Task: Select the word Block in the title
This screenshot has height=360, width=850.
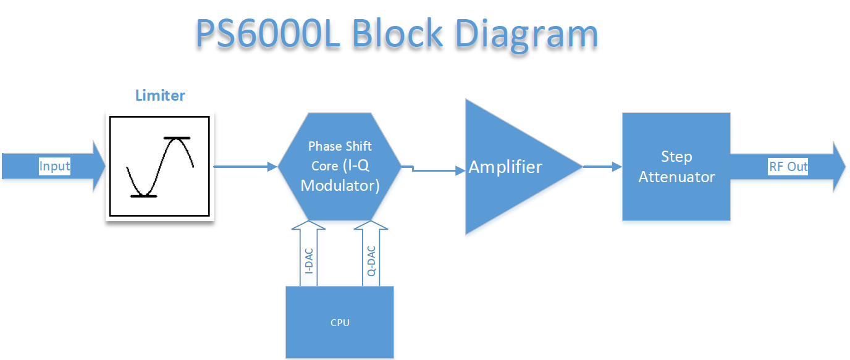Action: pos(397,34)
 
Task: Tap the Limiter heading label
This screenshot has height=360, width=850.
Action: pos(160,96)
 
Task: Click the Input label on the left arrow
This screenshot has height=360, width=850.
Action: pos(54,166)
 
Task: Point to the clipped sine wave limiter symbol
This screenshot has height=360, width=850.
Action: pos(160,167)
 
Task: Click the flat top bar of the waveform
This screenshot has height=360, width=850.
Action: pos(177,138)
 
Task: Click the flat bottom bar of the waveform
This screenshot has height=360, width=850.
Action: pos(143,196)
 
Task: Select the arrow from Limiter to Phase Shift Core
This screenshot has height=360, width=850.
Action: pos(245,166)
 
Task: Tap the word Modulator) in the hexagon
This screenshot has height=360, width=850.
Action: pos(340,185)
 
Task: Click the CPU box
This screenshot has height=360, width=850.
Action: pos(340,322)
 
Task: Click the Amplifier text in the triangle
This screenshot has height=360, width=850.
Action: pos(505,167)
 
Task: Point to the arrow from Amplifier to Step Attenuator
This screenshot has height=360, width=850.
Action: pos(602,166)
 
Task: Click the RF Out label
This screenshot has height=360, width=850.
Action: pos(788,167)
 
